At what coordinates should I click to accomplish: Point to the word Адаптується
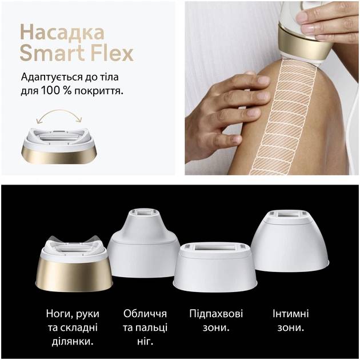(51, 77)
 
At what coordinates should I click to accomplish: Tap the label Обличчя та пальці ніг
(145, 327)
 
